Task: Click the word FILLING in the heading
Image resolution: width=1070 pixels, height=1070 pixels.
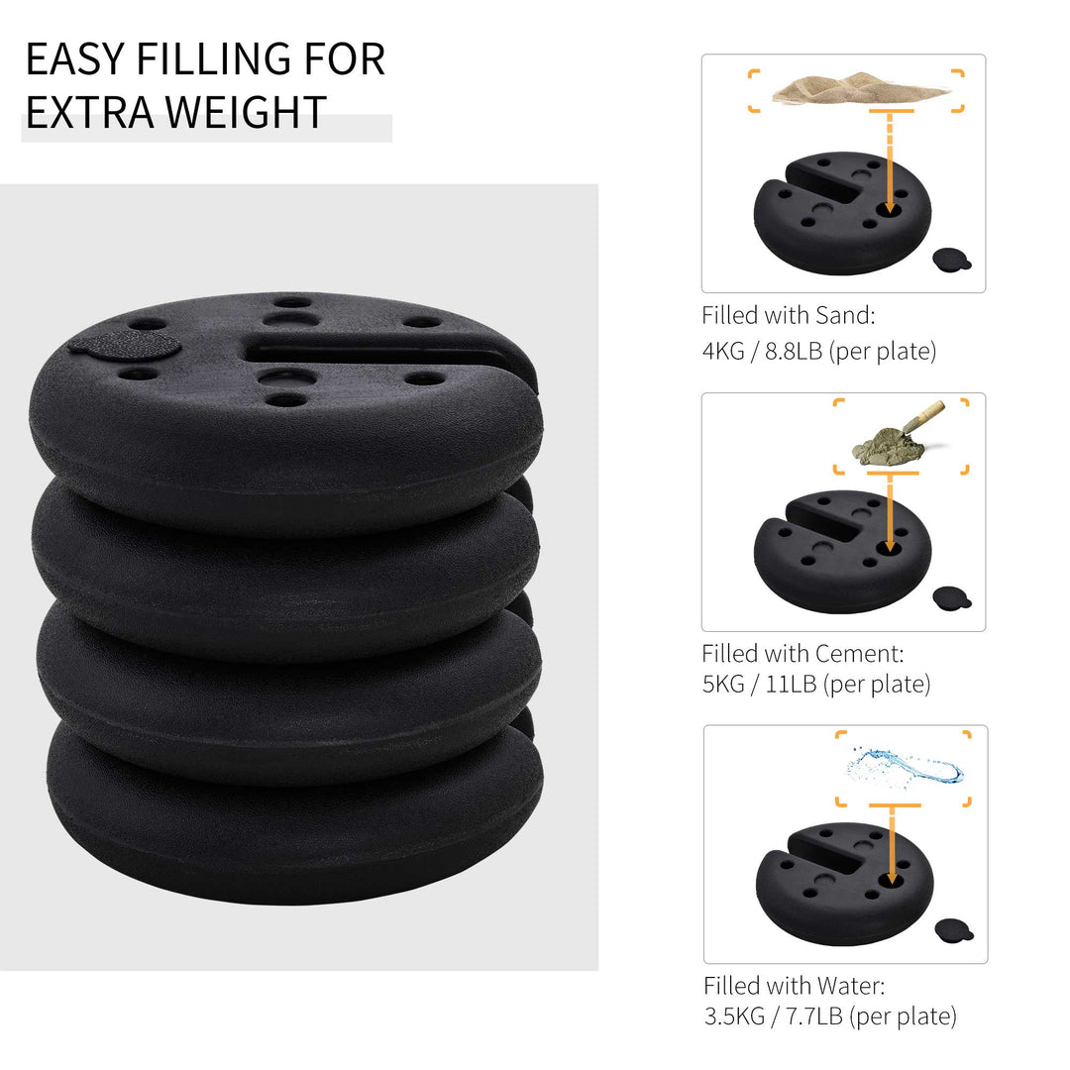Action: pyautogui.click(x=199, y=59)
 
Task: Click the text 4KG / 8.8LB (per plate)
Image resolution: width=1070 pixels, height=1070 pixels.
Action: pyautogui.click(x=818, y=351)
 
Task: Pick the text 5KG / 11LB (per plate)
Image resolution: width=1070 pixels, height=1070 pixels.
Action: pyautogui.click(x=815, y=684)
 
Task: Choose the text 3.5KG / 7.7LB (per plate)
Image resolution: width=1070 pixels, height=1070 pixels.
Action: pyautogui.click(x=830, y=1016)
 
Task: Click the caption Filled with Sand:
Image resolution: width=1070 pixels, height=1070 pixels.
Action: pyautogui.click(x=789, y=316)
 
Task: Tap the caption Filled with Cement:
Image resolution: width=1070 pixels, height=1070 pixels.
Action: pyautogui.click(x=802, y=654)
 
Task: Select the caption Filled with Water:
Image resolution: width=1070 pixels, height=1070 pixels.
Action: pyautogui.click(x=794, y=986)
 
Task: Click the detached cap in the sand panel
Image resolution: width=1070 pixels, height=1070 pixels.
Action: pyautogui.click(x=952, y=259)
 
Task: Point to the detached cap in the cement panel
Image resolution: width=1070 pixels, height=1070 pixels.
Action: pyautogui.click(x=952, y=597)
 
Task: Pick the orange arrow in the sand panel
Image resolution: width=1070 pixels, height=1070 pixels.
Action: pyautogui.click(x=889, y=163)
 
